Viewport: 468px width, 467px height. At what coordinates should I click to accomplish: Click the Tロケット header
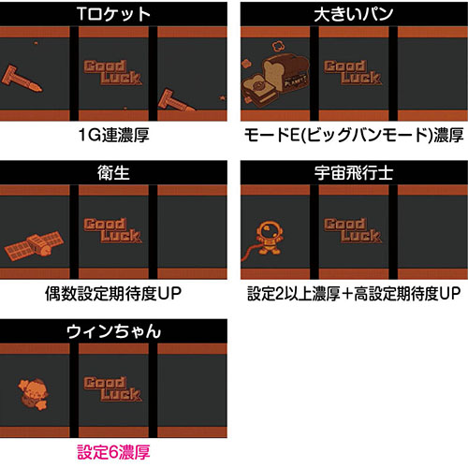tap(115, 15)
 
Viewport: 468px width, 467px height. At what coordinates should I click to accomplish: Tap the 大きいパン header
tap(353, 15)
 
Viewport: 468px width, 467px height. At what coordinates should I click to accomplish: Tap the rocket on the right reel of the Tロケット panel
tap(177, 95)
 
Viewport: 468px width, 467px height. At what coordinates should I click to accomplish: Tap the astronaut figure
tap(270, 235)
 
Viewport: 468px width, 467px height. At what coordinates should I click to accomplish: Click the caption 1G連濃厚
tap(115, 135)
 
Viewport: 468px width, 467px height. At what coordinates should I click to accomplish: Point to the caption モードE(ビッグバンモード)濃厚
tap(353, 135)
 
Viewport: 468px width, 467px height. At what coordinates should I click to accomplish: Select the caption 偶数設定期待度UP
tap(115, 292)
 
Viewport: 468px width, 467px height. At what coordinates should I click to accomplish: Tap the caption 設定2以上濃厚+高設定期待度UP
tap(353, 292)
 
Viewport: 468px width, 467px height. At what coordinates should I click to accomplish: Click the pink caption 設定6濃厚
tap(115, 450)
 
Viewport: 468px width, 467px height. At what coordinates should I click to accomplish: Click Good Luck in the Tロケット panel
tap(113, 72)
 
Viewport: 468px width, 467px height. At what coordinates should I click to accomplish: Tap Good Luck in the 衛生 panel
tap(113, 230)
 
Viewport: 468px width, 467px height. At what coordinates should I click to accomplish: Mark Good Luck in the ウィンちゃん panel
tap(113, 388)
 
